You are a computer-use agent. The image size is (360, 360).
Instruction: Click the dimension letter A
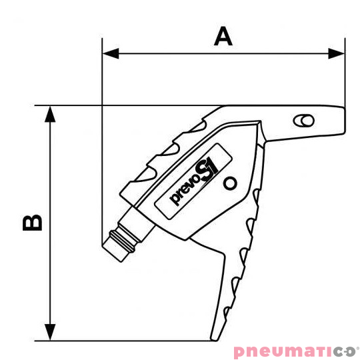(x=223, y=36)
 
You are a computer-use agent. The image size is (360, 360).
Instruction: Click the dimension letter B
(x=33, y=223)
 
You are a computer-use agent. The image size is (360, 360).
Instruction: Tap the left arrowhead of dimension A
(x=111, y=53)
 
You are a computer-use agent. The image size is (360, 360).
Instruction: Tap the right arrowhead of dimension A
(x=337, y=53)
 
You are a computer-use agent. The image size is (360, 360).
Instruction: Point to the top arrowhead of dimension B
(x=50, y=114)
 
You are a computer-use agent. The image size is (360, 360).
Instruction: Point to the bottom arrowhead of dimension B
(x=50, y=332)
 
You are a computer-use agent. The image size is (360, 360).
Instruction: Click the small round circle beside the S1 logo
(x=230, y=183)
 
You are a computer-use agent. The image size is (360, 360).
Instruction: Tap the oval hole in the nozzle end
(x=304, y=120)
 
